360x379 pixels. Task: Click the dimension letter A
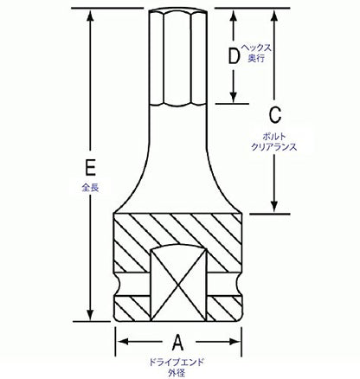(178, 342)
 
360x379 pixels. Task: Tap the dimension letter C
(275, 115)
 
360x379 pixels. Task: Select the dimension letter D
(234, 56)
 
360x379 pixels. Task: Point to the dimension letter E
(90, 167)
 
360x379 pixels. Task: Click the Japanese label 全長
(90, 188)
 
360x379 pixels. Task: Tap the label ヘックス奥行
(256, 53)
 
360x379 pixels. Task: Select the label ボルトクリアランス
(274, 142)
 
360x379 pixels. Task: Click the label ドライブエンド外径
(177, 367)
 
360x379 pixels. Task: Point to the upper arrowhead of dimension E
(91, 16)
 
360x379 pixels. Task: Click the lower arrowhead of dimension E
(91, 314)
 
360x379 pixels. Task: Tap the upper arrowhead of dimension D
(234, 16)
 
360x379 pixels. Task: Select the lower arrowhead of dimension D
(234, 97)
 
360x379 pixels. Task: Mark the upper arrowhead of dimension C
(274, 16)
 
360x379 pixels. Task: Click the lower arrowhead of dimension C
(274, 207)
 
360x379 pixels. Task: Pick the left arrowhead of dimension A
(123, 342)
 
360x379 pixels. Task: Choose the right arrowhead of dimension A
(235, 342)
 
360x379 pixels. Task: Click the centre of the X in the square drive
(179, 286)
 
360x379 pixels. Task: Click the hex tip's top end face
(178, 11)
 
